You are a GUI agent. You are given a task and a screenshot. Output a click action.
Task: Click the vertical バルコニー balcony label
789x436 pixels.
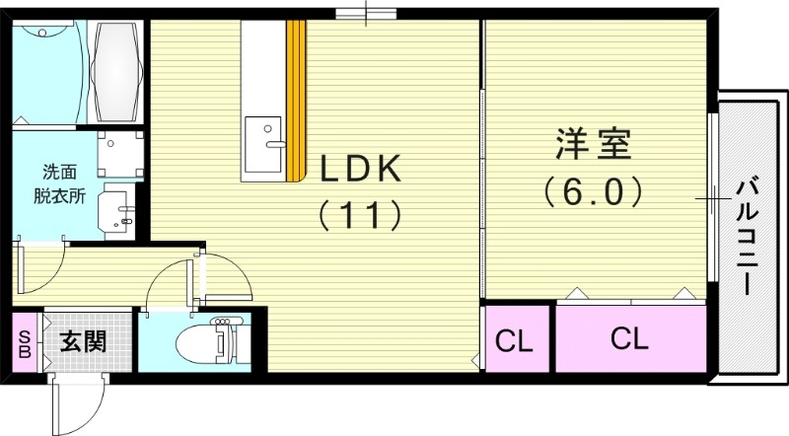(747, 235)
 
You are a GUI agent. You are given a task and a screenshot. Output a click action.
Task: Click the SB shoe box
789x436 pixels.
(25, 342)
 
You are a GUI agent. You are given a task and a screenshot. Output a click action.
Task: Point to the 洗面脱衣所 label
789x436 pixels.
(63, 182)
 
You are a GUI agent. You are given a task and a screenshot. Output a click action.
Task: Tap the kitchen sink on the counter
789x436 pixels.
(263, 135)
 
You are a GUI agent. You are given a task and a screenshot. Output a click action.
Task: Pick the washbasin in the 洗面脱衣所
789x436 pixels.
(119, 207)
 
